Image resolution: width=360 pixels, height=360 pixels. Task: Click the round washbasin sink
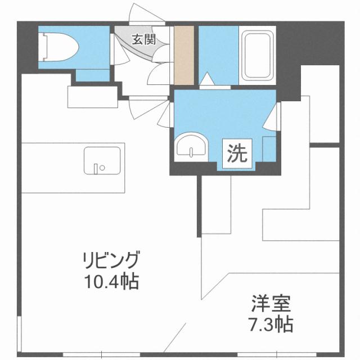pos(191,148)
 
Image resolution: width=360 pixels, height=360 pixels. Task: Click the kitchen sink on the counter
pos(103,161)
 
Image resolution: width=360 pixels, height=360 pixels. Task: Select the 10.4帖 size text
pos(110,280)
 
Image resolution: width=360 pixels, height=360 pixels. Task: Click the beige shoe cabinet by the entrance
pos(183,55)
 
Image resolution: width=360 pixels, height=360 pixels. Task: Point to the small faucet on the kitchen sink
pos(99,166)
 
